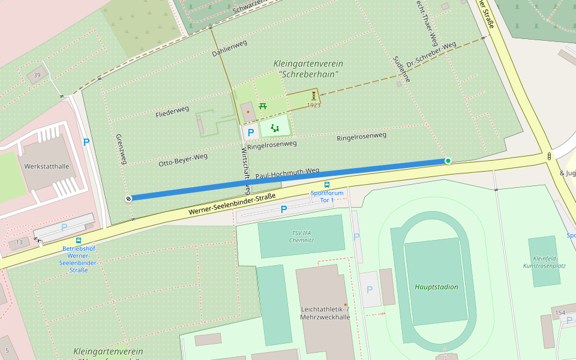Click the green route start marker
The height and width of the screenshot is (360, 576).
pyautogui.click(x=448, y=161)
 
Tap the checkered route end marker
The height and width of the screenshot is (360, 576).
pyautogui.click(x=128, y=199)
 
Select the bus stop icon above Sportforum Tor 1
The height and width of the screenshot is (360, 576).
pyautogui.click(x=327, y=185)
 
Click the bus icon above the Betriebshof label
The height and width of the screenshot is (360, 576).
pyautogui.click(x=79, y=240)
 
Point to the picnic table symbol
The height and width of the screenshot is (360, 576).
pyautogui.click(x=263, y=106)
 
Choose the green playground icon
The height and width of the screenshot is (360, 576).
pyautogui.click(x=275, y=127)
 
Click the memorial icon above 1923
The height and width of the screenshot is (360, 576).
pyautogui.click(x=313, y=96)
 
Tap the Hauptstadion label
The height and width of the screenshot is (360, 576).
pyautogui.click(x=436, y=287)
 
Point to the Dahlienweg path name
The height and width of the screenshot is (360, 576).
pyautogui.click(x=229, y=49)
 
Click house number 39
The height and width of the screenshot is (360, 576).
pyautogui.click(x=37, y=75)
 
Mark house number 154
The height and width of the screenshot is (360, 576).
pyautogui.click(x=560, y=313)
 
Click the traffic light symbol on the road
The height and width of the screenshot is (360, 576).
pyautogui.click(x=549, y=157)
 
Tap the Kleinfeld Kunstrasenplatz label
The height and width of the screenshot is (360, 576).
pyautogui.click(x=544, y=261)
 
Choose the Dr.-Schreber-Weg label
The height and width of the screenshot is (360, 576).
pyautogui.click(x=431, y=55)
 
